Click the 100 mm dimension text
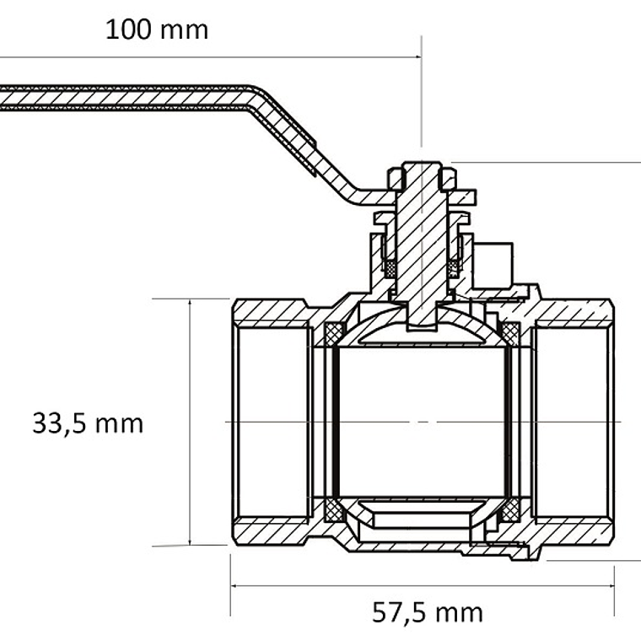click(156, 30)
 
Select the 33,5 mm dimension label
click(88, 423)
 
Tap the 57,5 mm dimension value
click(428, 611)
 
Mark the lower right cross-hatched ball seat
click(510, 511)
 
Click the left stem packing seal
click(390, 267)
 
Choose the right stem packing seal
click(454, 267)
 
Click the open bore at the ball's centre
click(422, 420)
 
